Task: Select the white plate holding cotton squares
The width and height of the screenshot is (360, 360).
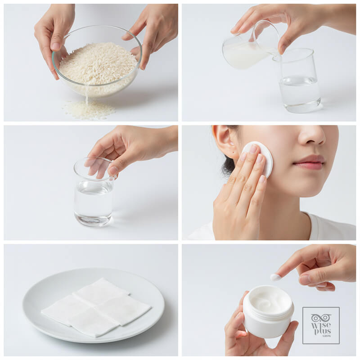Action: (x=94, y=306)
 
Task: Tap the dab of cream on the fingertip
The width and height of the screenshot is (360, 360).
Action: (x=274, y=277)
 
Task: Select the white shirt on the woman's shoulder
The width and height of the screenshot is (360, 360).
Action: (x=331, y=227)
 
